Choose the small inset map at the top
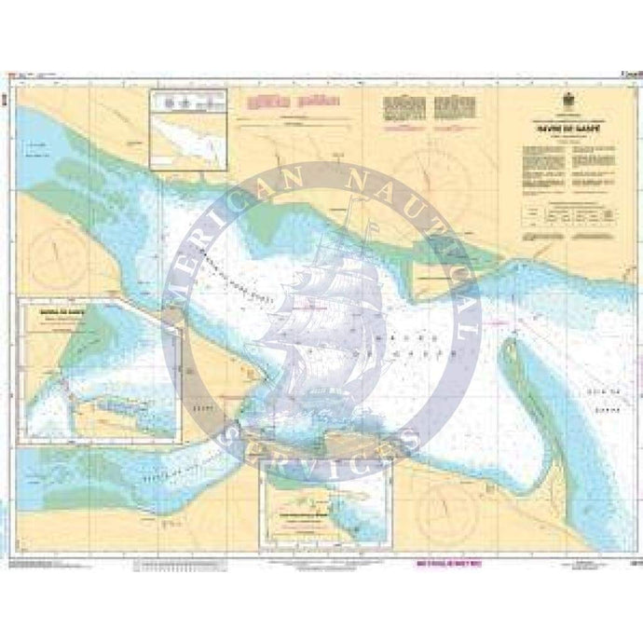pos(187,130)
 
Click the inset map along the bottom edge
pos(326,503)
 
